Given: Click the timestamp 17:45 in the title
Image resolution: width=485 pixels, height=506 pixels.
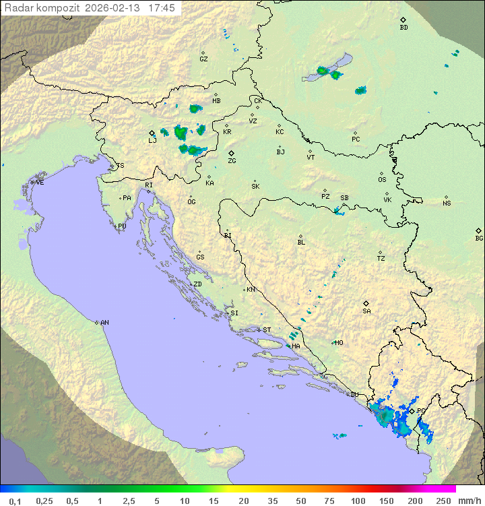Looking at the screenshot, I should [162, 8].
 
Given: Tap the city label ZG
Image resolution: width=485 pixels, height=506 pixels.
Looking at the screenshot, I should [232, 161].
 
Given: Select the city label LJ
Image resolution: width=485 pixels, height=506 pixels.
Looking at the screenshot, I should [152, 140].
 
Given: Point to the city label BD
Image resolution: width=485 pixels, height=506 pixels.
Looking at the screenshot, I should [403, 28].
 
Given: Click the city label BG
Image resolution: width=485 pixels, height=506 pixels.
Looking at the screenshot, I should [479, 238].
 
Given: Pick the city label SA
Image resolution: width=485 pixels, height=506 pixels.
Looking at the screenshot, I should [366, 311].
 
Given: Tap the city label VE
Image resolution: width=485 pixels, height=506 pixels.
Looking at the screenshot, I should [40, 183].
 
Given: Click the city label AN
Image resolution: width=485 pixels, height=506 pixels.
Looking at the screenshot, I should [104, 323].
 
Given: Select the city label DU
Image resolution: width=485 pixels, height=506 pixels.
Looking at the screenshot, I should [354, 395].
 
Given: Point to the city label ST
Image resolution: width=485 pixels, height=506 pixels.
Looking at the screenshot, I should [267, 329].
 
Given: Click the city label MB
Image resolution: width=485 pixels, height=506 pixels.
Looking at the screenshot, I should [216, 101].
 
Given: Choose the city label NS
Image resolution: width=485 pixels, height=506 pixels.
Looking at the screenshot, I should [447, 203].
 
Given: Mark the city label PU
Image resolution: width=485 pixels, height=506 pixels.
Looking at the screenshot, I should [122, 226].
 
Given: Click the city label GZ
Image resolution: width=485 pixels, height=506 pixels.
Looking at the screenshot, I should [203, 59].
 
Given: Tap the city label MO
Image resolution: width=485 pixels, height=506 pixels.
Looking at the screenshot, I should [339, 343].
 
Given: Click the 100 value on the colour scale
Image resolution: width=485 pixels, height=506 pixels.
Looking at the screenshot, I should [358, 501].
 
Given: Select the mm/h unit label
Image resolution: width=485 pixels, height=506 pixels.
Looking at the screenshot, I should [467, 501].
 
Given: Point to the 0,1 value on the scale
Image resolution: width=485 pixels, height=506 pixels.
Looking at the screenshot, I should [15, 501].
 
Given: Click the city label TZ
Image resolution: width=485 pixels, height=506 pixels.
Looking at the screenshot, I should [381, 259].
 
